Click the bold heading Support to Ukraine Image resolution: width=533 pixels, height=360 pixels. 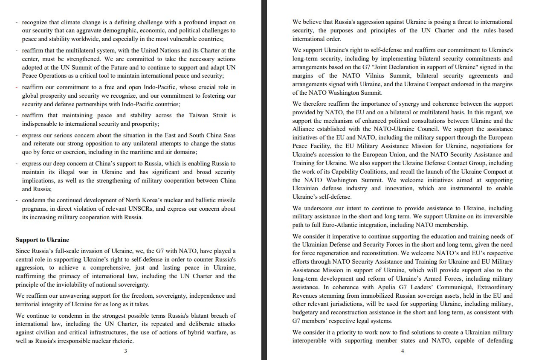coord(42,240)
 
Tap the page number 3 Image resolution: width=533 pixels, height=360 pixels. coord(125,351)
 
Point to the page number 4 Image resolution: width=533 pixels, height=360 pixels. coord(403,351)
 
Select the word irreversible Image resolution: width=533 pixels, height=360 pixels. coord(495,217)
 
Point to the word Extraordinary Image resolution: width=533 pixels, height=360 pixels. coord(490,287)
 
